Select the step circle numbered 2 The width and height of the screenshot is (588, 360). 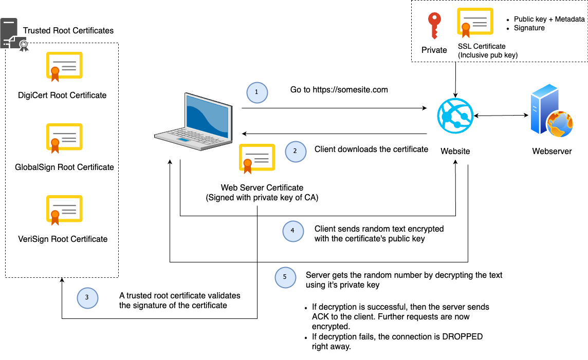pyautogui.click(x=295, y=151)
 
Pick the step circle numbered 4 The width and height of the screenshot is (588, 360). pyautogui.click(x=292, y=231)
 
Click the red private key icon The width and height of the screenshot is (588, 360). pyautogui.click(x=434, y=26)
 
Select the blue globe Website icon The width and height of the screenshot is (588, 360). pyautogui.click(x=455, y=117)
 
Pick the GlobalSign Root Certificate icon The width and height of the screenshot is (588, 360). pyautogui.click(x=64, y=138)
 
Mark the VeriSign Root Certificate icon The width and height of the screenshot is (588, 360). pyautogui.click(x=64, y=210)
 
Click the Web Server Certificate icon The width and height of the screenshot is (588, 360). pyautogui.click(x=257, y=158)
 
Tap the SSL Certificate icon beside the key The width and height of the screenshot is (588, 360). pyautogui.click(x=475, y=23)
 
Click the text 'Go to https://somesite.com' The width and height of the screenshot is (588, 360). pyautogui.click(x=339, y=90)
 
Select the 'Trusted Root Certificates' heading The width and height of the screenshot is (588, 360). pyautogui.click(x=68, y=31)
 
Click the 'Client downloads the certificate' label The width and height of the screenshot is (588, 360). pyautogui.click(x=371, y=149)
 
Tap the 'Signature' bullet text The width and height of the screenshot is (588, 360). pyautogui.click(x=529, y=28)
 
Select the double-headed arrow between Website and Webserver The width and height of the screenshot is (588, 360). pyautogui.click(x=502, y=116)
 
